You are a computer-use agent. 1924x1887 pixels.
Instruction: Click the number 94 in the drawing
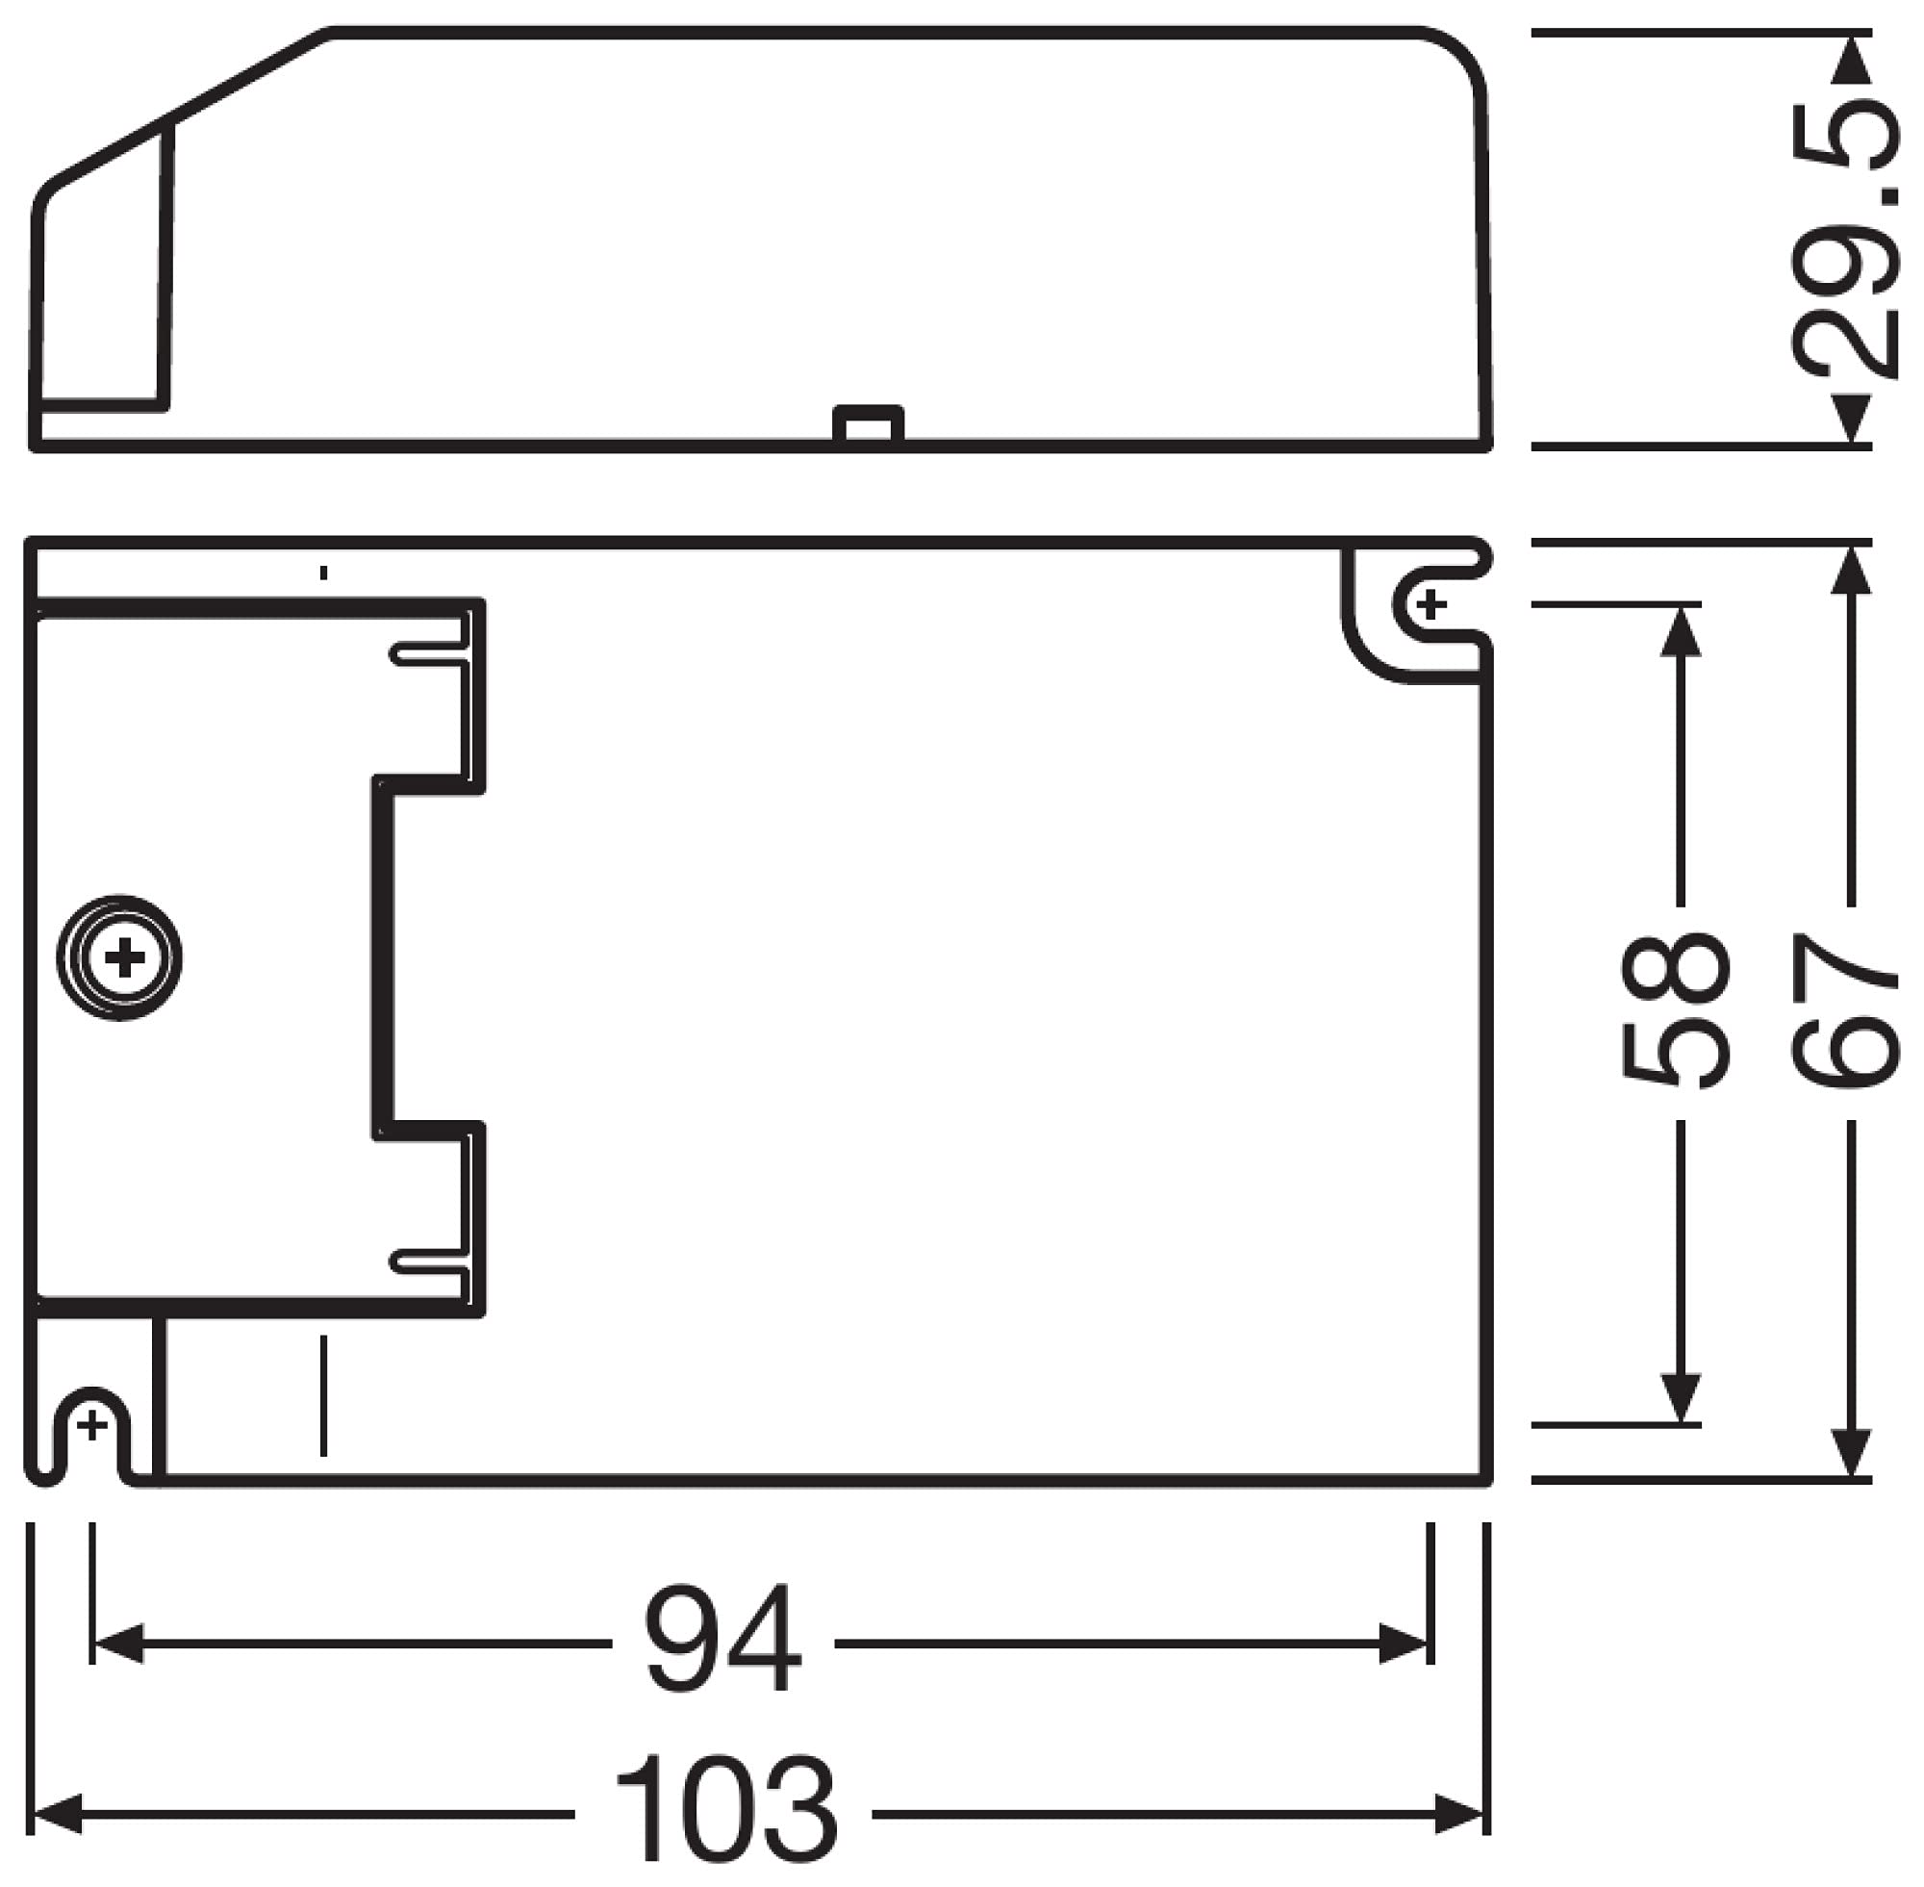[x=722, y=1643]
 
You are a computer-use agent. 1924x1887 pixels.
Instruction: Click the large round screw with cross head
[x=120, y=958]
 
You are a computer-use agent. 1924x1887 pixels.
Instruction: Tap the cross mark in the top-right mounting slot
[x=1430, y=604]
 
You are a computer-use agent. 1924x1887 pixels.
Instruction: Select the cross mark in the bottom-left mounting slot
[x=91, y=1425]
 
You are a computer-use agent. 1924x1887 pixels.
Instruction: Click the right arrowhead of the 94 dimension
[x=1404, y=1644]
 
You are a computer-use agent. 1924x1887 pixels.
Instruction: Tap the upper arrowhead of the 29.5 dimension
[x=1849, y=62]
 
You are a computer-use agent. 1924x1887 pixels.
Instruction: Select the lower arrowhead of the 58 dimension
[x=1680, y=1397]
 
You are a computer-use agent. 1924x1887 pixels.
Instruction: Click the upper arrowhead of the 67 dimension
[x=1849, y=573]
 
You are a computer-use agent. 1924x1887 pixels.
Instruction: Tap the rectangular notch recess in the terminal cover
[x=426, y=957]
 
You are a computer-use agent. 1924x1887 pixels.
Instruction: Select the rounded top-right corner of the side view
[x=1456, y=60]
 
